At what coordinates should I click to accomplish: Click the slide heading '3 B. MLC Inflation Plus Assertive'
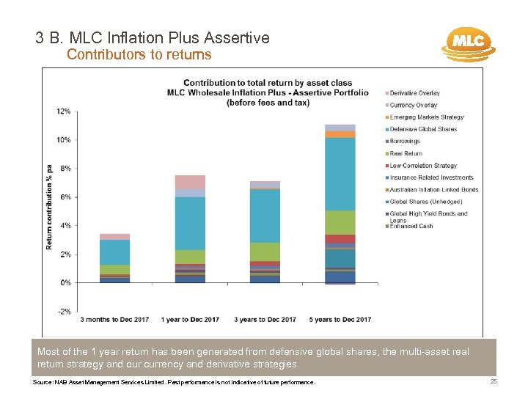[x=153, y=37]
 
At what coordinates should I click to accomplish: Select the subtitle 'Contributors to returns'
[x=139, y=54]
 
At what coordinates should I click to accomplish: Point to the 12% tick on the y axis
[x=64, y=111]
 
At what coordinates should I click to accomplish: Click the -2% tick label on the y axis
[x=64, y=312]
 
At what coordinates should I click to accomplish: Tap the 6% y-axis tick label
[x=65, y=197]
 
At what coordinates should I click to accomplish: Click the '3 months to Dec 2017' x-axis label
[x=114, y=320]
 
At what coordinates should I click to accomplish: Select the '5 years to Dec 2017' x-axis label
[x=340, y=320]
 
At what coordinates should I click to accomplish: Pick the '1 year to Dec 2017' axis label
[x=190, y=320]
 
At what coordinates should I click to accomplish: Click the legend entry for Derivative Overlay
[x=415, y=93]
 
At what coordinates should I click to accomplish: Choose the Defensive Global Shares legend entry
[x=423, y=129]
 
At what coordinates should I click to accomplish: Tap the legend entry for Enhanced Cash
[x=411, y=226]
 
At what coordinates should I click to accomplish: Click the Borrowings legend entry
[x=405, y=142]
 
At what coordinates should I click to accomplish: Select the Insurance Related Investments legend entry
[x=431, y=177]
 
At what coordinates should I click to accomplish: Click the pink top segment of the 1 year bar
[x=190, y=182]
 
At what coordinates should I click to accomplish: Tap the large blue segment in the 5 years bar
[x=340, y=174]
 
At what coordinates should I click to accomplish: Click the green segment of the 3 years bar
[x=265, y=252]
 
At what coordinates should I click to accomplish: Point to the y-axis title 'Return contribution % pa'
[x=49, y=207]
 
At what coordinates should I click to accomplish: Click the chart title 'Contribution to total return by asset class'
[x=267, y=83]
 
